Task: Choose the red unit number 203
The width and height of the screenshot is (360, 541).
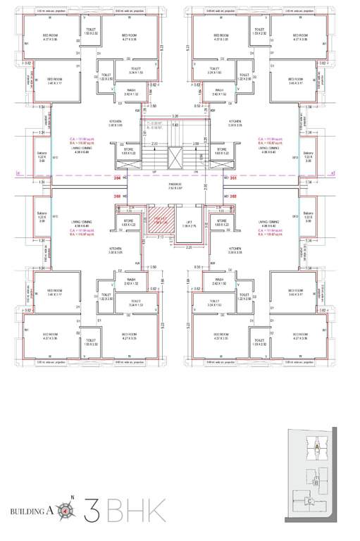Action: click(117, 196)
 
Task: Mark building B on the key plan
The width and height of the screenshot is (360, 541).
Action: click(317, 483)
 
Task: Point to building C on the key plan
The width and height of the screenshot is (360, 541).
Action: click(310, 502)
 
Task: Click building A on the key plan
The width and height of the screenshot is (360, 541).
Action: click(318, 447)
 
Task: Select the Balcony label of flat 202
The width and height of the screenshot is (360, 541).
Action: click(307, 215)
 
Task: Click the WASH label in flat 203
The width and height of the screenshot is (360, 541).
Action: click(131, 280)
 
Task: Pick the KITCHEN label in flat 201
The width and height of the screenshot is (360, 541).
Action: click(235, 122)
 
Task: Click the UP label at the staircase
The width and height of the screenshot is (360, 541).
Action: click(154, 170)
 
